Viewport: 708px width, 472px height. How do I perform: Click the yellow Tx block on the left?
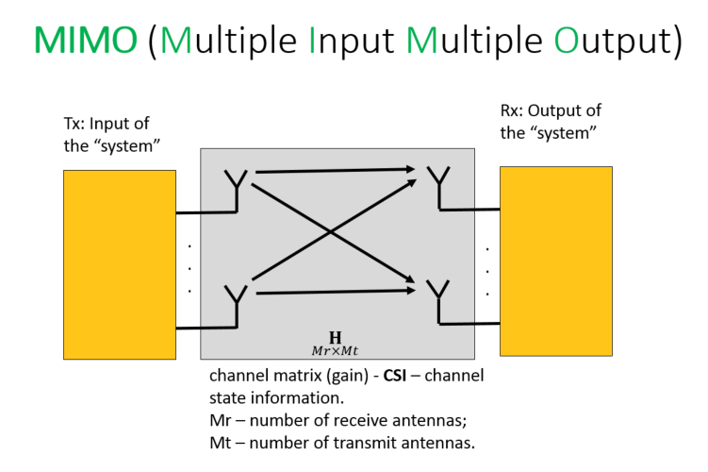coord(120,264)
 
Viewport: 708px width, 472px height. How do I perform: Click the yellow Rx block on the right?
coord(556,261)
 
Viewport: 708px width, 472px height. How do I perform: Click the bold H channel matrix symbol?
coord(335,337)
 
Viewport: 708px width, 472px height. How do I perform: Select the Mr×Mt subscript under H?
coord(335,351)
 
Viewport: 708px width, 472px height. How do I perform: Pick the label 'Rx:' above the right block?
coord(512,111)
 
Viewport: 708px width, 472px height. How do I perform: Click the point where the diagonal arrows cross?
coord(329,229)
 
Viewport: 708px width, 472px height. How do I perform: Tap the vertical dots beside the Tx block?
coord(189,267)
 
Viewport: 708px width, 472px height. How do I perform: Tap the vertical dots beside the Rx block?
coord(487,271)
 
